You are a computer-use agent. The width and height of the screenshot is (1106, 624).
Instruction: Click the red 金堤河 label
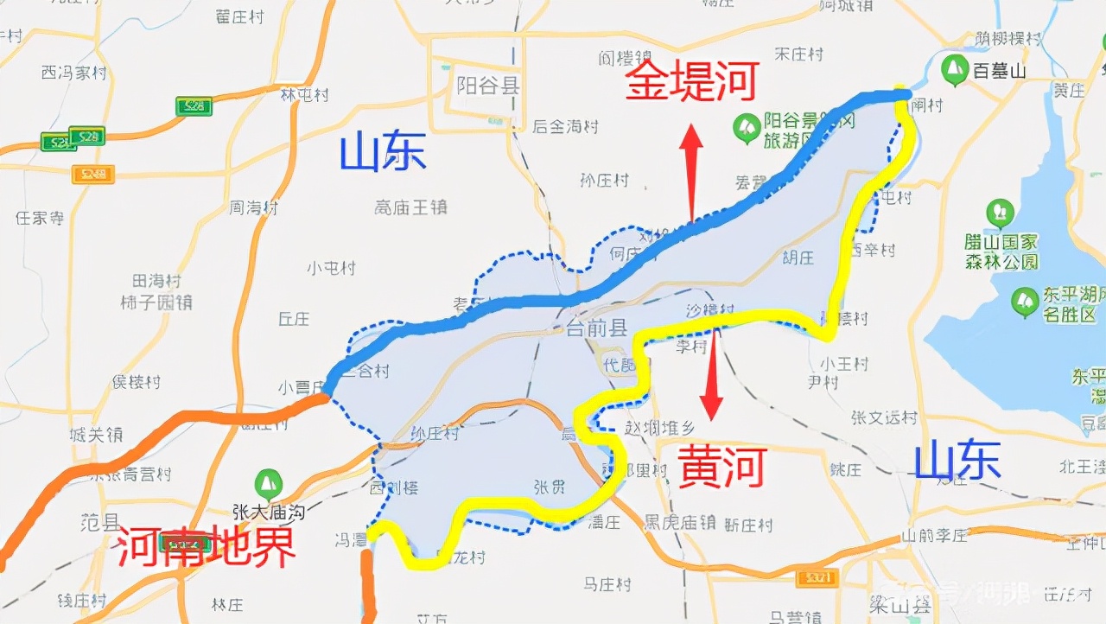pyautogui.click(x=691, y=82)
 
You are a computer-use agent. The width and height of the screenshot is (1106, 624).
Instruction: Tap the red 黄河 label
pyautogui.click(x=721, y=468)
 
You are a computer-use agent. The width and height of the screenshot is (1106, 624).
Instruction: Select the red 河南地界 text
pyautogui.click(x=206, y=545)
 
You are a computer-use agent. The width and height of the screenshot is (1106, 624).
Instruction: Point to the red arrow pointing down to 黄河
pyautogui.click(x=712, y=372)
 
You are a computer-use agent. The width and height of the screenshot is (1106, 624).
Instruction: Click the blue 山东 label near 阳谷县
pyautogui.click(x=383, y=152)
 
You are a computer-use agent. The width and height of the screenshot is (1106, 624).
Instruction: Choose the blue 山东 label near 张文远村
pyautogui.click(x=957, y=459)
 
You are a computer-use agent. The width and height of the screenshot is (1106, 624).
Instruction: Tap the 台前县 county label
pyautogui.click(x=596, y=328)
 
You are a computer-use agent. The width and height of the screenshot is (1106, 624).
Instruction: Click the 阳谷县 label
pyautogui.click(x=488, y=85)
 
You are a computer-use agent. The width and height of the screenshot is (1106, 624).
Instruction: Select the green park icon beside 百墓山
pyautogui.click(x=955, y=70)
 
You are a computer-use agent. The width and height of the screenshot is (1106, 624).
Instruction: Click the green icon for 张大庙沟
pyautogui.click(x=269, y=482)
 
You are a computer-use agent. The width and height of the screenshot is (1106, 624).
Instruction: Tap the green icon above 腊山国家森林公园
pyautogui.click(x=1001, y=213)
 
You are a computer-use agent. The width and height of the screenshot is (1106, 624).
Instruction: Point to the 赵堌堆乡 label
pyautogui.click(x=659, y=426)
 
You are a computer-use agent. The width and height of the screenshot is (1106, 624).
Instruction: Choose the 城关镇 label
pyautogui.click(x=96, y=435)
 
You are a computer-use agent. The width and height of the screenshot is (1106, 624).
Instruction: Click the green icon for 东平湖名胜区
pyautogui.click(x=1025, y=301)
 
